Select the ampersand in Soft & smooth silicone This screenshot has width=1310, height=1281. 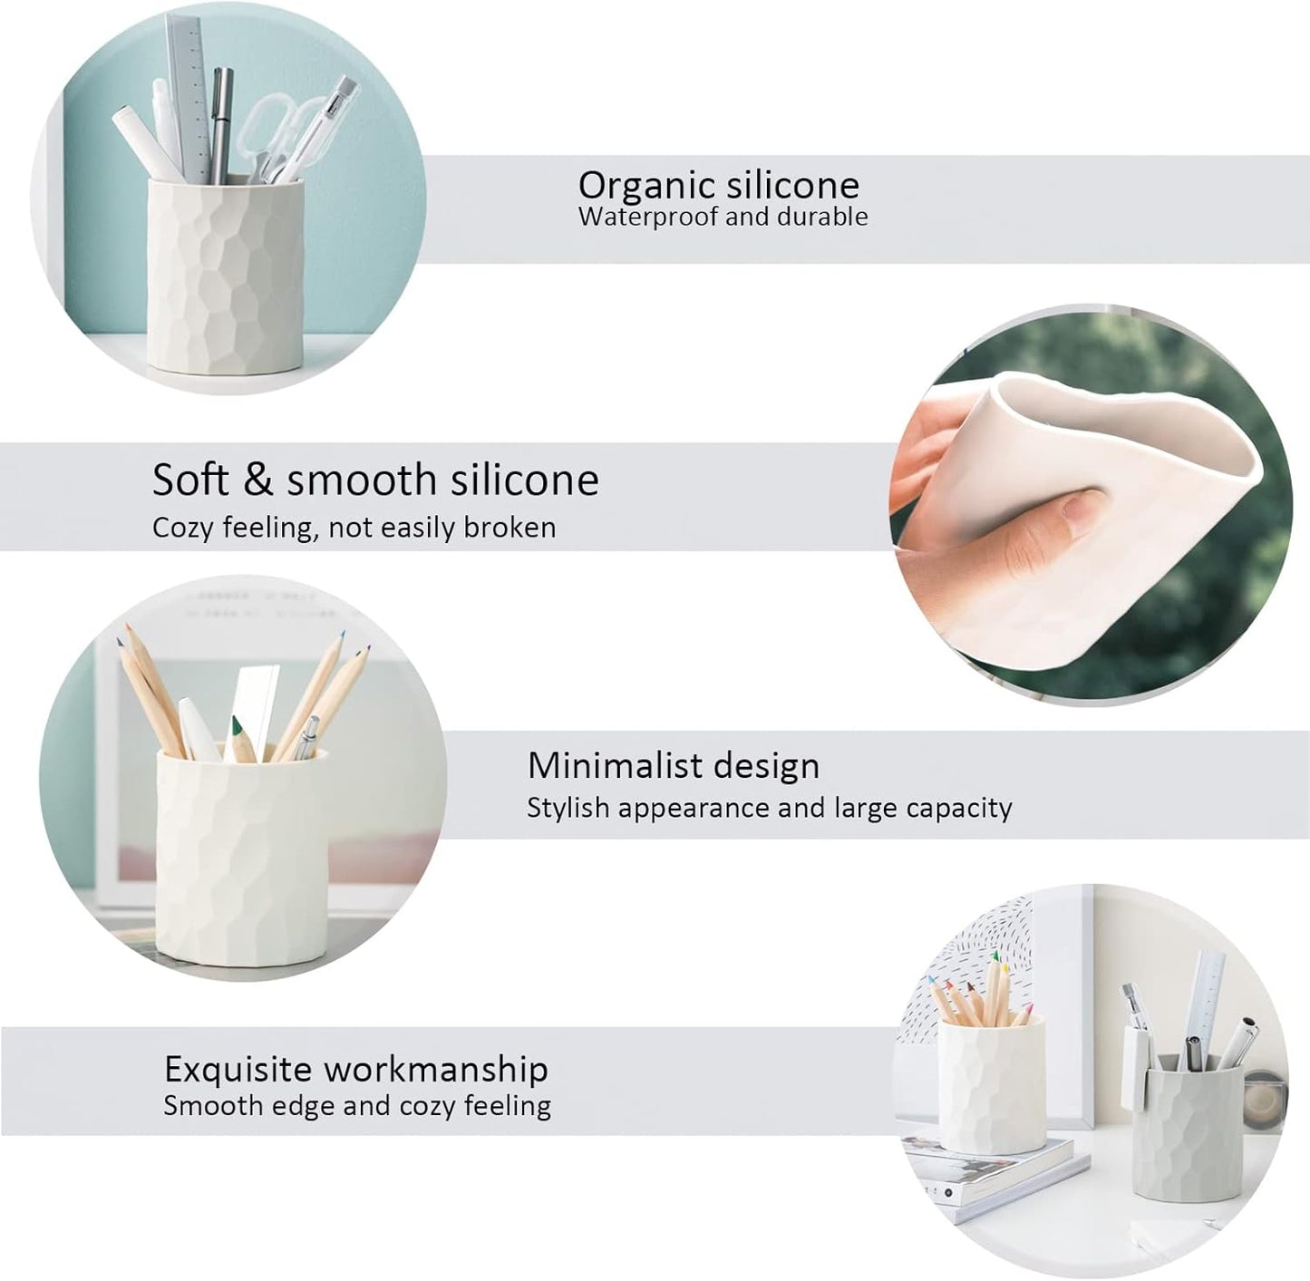[258, 480]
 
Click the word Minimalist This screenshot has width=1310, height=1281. [611, 766]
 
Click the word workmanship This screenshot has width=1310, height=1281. [437, 1070]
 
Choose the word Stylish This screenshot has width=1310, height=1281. [567, 808]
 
